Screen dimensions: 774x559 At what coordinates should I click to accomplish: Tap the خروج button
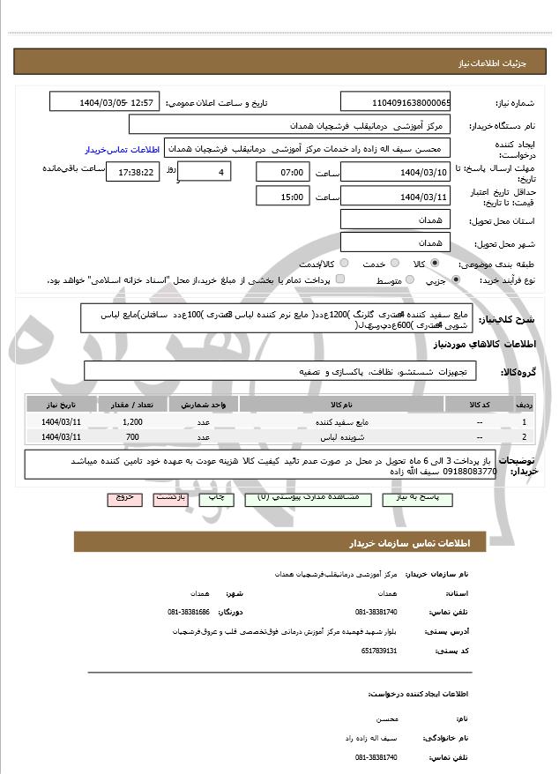point(124,498)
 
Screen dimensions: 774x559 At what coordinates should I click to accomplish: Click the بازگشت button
point(170,498)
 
